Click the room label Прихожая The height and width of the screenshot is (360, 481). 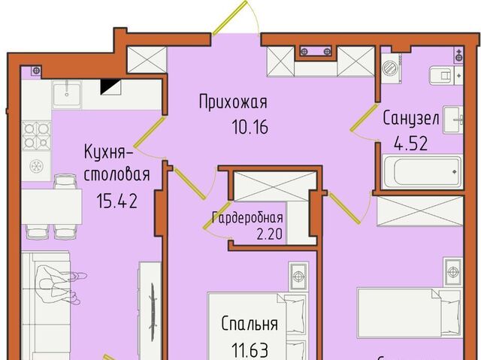pos(233,103)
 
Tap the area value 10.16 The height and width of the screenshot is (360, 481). pos(250,127)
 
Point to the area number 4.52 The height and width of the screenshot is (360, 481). pos(411,143)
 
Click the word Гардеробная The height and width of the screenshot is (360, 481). pos(247,218)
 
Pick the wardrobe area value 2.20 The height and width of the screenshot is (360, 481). pos(269,234)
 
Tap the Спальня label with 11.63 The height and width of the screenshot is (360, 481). pos(250,324)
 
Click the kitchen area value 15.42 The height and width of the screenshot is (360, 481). pos(116,201)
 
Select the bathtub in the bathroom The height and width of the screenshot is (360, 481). pos(422,172)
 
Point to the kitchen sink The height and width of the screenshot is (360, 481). pos(67,95)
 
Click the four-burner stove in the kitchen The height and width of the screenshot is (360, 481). pos(37,135)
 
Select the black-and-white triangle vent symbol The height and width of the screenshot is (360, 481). pos(110,86)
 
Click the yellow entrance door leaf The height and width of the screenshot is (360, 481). pos(230,17)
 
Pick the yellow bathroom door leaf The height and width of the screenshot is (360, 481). pos(364,118)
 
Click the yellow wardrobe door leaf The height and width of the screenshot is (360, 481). pos(217,215)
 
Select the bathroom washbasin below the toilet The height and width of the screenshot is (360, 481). pos(453,119)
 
